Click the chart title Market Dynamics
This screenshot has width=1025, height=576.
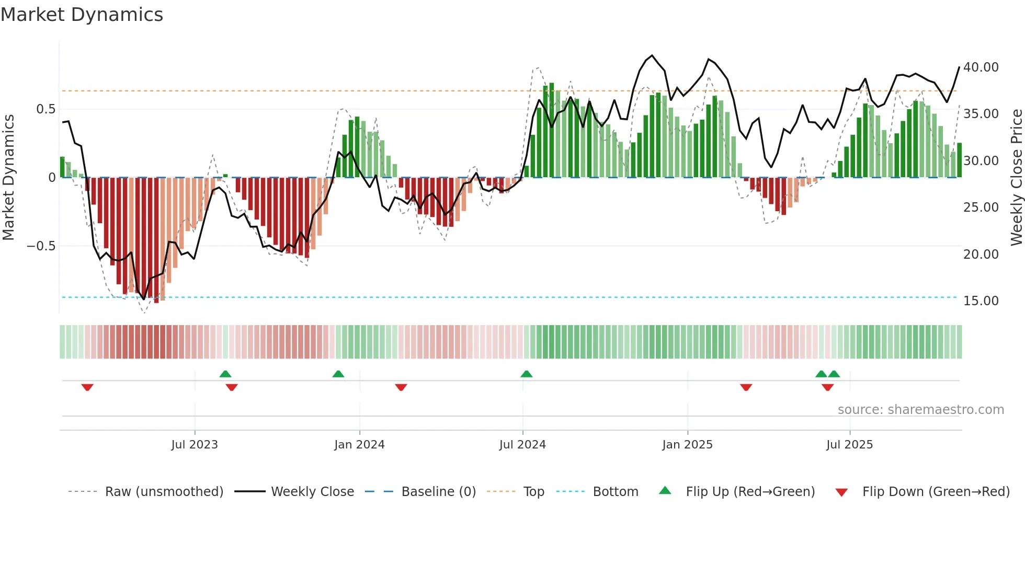pyautogui.click(x=82, y=15)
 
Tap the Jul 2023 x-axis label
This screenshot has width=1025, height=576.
pyautogui.click(x=195, y=445)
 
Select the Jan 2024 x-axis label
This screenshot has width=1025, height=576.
pyautogui.click(x=359, y=445)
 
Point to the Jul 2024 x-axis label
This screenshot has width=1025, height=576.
pyautogui.click(x=522, y=445)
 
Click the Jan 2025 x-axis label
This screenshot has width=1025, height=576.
pyautogui.click(x=687, y=445)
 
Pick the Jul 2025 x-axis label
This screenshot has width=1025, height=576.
pyautogui.click(x=850, y=445)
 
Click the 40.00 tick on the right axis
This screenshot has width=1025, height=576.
pyautogui.click(x=981, y=67)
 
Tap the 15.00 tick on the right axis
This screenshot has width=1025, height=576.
pyautogui.click(x=981, y=301)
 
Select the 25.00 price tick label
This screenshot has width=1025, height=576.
pyautogui.click(x=981, y=208)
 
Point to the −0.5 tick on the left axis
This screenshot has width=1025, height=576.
pyautogui.click(x=41, y=246)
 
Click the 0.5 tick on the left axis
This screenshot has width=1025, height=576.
pyautogui.click(x=45, y=109)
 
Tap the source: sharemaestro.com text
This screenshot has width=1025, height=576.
pyautogui.click(x=920, y=410)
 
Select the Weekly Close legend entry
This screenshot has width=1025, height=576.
pyautogui.click(x=312, y=492)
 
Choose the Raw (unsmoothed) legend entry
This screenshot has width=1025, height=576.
pyautogui.click(x=164, y=492)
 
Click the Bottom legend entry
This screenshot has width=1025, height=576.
pyautogui.click(x=615, y=492)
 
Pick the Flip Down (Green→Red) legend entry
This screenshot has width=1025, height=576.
pyautogui.click(x=936, y=492)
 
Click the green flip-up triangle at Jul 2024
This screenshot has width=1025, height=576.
pyautogui.click(x=527, y=374)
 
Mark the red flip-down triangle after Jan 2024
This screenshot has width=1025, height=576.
pyautogui.click(x=401, y=387)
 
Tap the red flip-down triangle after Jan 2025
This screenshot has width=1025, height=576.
pyautogui.click(x=746, y=387)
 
